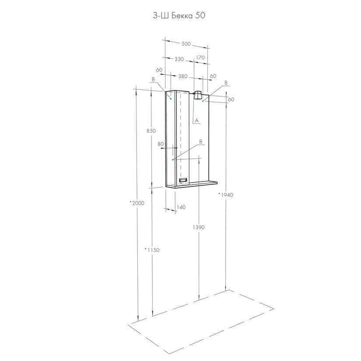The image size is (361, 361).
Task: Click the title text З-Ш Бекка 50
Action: click(x=179, y=15)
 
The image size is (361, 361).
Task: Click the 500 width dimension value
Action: click(x=186, y=43)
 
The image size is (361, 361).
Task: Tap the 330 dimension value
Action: click(x=179, y=59)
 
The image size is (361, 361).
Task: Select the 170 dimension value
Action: click(x=200, y=58)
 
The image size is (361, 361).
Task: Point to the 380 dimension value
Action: click(x=183, y=76)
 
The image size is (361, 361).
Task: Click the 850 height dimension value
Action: click(x=151, y=130)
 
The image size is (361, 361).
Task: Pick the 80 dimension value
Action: click(x=161, y=144)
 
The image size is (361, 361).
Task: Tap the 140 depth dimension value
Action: click(x=181, y=207)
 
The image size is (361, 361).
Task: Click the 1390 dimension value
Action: click(x=199, y=227)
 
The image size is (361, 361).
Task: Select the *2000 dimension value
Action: click(x=137, y=203)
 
